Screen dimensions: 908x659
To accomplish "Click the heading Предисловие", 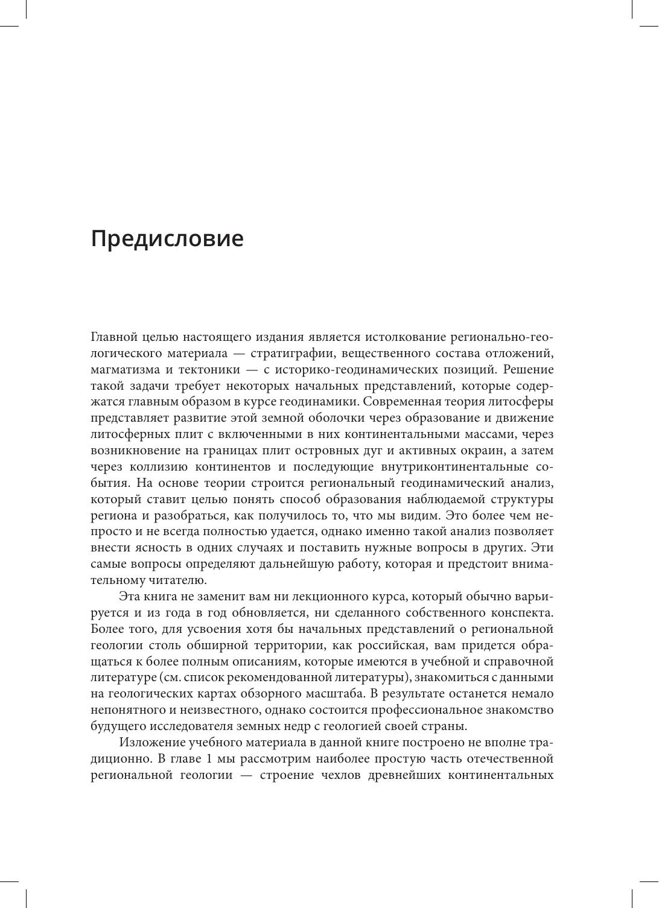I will pos(167,239).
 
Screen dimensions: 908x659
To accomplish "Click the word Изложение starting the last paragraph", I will pos(150,743).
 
